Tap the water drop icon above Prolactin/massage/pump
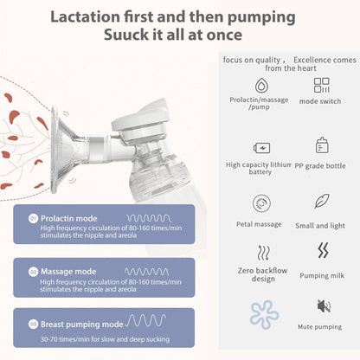click(x=260, y=85)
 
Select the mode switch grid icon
click(x=321, y=85)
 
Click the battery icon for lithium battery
click(x=260, y=146)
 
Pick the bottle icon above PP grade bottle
click(x=322, y=145)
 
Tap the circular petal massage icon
click(x=260, y=202)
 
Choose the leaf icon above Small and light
click(x=322, y=202)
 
